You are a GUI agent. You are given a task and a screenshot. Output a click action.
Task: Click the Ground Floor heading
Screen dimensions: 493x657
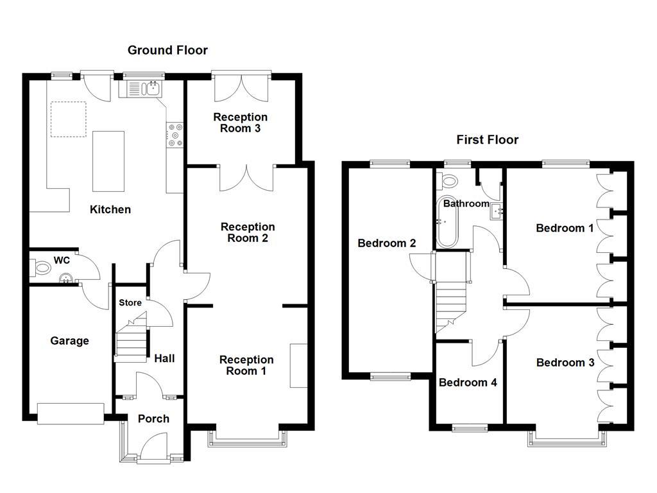pos(167,50)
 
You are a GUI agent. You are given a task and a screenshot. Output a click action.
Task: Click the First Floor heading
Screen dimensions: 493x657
pos(487,139)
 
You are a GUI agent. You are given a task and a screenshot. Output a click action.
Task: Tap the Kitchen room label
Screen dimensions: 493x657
pos(110,209)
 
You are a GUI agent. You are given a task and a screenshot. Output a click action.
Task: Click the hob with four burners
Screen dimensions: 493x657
pos(175,135)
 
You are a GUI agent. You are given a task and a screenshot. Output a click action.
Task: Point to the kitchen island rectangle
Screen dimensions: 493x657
pos(108,161)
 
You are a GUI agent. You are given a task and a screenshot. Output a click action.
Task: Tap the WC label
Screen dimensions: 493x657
pos(62,260)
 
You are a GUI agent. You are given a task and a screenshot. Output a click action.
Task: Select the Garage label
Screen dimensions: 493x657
pos(69,341)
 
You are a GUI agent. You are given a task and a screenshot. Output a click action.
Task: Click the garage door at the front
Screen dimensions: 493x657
pos(71,413)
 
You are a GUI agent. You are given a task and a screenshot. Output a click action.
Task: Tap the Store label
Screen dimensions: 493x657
pos(130,302)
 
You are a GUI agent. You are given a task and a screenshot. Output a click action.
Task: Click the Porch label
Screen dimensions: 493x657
pos(153,419)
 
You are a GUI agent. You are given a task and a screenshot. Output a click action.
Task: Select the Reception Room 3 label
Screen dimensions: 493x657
pos(241,123)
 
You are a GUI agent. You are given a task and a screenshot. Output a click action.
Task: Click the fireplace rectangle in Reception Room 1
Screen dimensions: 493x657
pos(298,365)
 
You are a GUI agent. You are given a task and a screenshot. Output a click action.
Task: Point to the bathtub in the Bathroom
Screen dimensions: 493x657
pos(447,222)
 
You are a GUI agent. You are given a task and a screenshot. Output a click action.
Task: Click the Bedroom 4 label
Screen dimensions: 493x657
pos(468,383)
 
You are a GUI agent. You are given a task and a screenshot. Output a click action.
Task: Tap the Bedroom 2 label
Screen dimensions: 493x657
pos(387,243)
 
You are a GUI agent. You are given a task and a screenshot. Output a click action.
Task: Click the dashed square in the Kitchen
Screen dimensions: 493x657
pos(69,119)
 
